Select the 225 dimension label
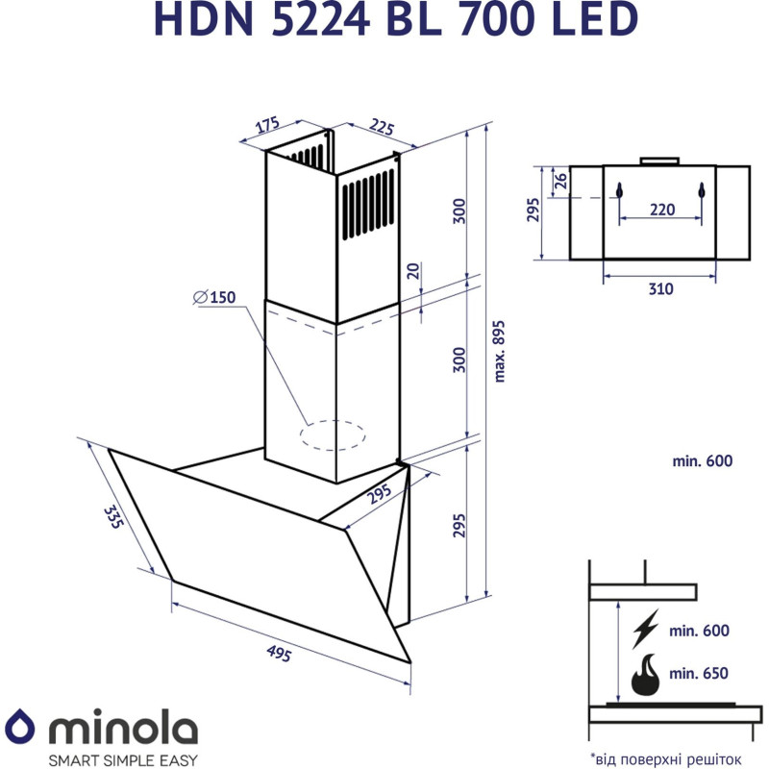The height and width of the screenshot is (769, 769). coord(382,129)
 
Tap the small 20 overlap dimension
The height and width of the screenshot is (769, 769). coord(412,272)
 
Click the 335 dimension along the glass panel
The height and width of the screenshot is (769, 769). coord(114,517)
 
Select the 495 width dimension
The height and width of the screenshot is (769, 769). coord(279,654)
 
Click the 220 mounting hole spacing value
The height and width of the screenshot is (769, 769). coord(660,209)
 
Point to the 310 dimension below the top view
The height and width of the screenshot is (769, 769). coord(659,288)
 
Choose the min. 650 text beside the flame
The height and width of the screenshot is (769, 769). coord(700,673)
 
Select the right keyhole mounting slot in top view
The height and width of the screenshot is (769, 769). coord(703,189)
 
